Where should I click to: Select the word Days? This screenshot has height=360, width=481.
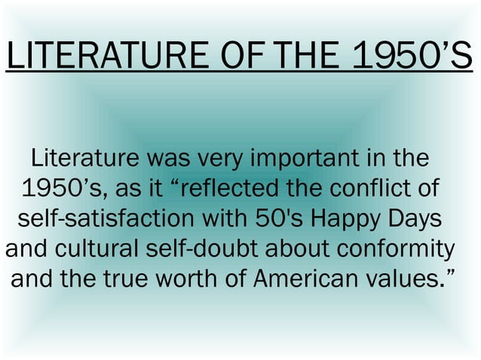(x=410, y=220)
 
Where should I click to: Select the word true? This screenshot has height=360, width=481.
(x=135, y=280)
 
